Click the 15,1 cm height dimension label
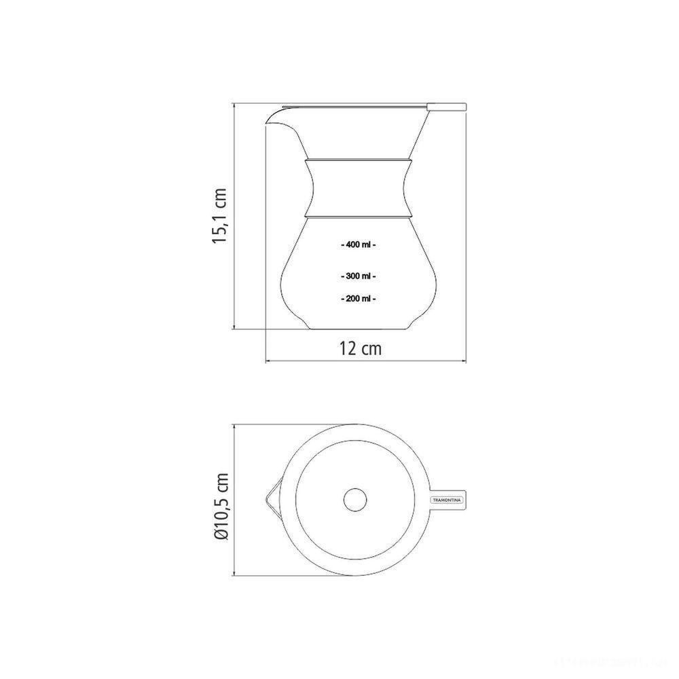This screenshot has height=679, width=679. (219, 217)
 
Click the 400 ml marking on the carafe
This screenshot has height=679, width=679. (358, 245)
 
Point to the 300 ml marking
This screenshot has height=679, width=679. (358, 276)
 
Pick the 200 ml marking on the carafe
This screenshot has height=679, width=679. (358, 298)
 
